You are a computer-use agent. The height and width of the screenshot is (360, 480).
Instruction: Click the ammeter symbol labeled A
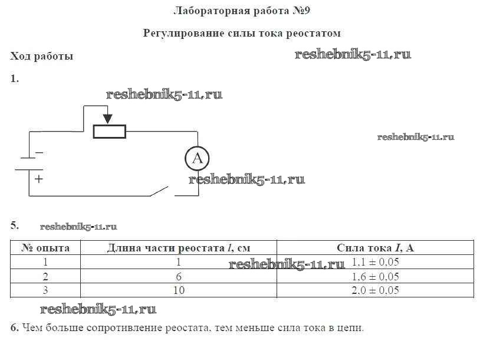click(197, 158)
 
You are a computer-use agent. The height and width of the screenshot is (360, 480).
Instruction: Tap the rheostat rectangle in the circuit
click(110, 131)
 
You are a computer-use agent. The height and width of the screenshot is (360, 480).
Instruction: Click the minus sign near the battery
click(40, 153)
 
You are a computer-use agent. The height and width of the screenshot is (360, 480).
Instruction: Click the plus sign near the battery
click(39, 178)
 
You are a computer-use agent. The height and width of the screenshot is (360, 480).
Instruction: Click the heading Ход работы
click(41, 57)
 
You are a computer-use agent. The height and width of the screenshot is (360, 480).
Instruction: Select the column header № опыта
click(45, 248)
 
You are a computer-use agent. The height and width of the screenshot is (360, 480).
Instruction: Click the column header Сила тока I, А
click(375, 248)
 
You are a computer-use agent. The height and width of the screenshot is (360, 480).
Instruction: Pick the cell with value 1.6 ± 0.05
click(375, 276)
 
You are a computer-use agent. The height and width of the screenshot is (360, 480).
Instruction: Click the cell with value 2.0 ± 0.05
click(375, 290)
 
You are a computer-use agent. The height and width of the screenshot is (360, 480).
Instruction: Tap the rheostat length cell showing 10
click(179, 290)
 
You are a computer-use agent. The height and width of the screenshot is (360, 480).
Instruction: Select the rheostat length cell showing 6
click(179, 276)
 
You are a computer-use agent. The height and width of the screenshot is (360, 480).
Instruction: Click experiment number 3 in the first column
click(45, 290)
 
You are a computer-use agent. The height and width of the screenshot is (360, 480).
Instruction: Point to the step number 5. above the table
click(15, 225)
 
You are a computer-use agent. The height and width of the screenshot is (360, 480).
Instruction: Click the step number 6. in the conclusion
click(15, 327)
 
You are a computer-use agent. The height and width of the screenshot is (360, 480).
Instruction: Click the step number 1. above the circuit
click(15, 78)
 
